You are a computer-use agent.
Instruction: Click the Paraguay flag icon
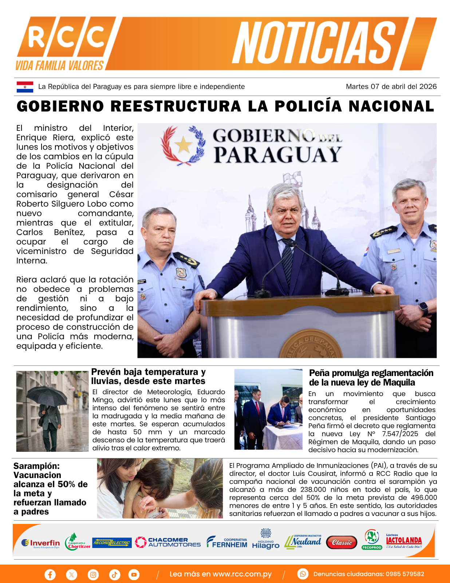[25, 87]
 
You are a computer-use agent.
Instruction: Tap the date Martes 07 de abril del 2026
[391, 87]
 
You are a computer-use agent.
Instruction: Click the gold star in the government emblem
[183, 145]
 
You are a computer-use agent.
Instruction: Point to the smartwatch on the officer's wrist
[423, 308]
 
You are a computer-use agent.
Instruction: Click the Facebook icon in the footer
[50, 575]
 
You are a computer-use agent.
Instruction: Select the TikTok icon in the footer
[114, 575]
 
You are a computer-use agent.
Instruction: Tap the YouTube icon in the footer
[134, 575]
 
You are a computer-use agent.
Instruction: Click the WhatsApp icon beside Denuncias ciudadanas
[303, 574]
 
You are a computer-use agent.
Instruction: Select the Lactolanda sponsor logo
[404, 541]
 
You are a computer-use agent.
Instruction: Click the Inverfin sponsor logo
[40, 543]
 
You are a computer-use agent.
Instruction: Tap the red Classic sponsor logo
[342, 543]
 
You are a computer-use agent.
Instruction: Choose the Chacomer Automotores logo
[168, 542]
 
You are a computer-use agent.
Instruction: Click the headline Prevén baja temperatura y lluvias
[148, 376]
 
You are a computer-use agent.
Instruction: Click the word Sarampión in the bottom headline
[36, 466]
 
